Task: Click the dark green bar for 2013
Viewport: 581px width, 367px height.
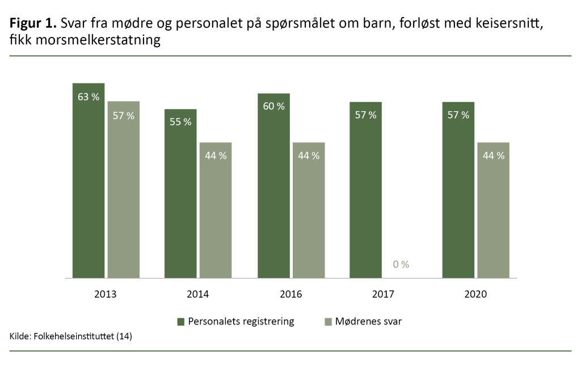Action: pyautogui.click(x=89, y=187)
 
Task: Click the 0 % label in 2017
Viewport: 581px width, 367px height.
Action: pyautogui.click(x=401, y=264)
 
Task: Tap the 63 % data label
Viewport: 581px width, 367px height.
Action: pyautogui.click(x=89, y=97)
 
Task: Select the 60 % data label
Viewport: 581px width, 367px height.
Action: pyautogui.click(x=273, y=106)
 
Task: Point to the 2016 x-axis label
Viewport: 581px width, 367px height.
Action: pyautogui.click(x=290, y=294)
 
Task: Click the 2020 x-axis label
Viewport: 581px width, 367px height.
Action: pyautogui.click(x=475, y=294)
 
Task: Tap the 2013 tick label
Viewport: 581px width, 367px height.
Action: pyautogui.click(x=106, y=294)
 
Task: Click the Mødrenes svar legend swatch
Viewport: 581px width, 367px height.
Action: pyautogui.click(x=327, y=322)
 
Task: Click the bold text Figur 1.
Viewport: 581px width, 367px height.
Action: pyautogui.click(x=33, y=24)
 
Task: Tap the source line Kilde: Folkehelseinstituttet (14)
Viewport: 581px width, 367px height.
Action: pyautogui.click(x=71, y=337)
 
